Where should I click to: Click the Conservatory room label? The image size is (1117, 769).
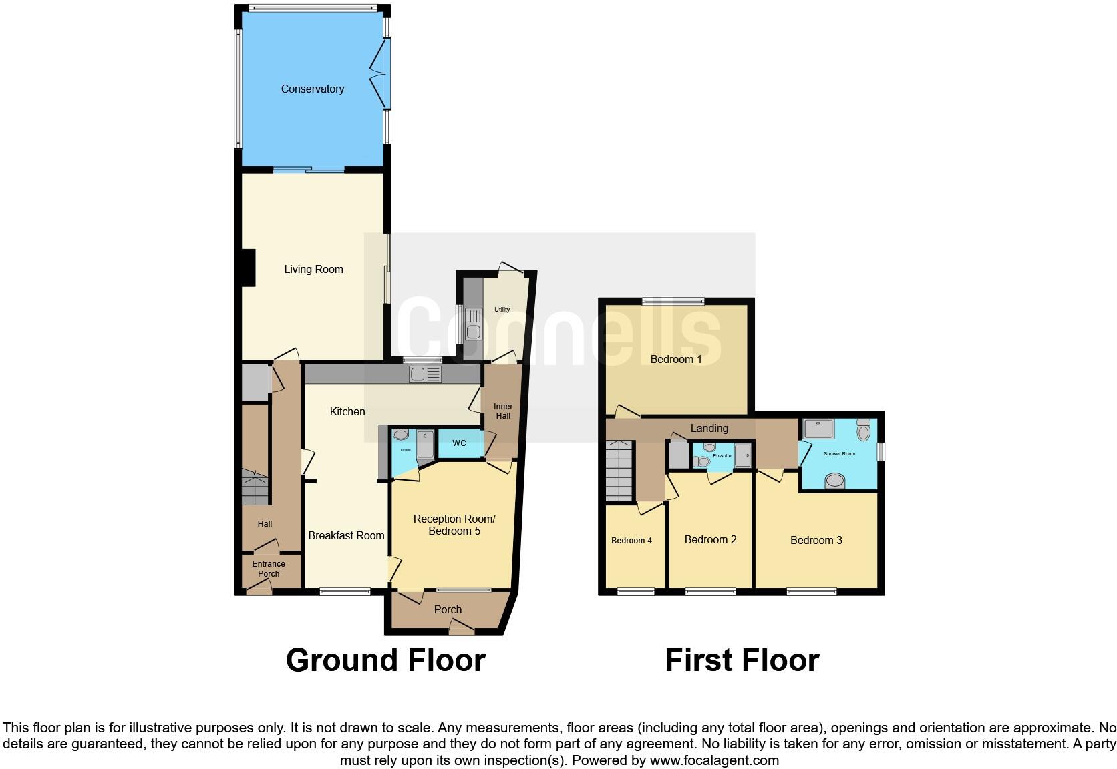click(312, 89)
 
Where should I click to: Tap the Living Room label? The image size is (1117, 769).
click(313, 269)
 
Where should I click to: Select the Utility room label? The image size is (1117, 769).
click(502, 310)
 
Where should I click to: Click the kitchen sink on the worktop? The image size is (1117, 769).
click(426, 374)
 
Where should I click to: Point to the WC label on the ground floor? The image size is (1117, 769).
click(459, 443)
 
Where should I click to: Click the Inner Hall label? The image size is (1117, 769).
click(503, 411)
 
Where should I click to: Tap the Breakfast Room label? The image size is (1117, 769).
click(346, 535)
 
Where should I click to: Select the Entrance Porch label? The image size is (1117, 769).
click(269, 569)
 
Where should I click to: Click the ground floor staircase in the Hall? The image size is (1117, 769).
click(255, 487)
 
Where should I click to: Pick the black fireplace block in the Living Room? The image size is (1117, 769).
click(248, 268)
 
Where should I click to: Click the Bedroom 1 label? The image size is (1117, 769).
click(676, 359)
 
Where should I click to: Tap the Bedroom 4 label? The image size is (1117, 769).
click(631, 541)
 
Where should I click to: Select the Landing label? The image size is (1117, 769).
click(709, 428)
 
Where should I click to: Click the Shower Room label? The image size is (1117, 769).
click(839, 454)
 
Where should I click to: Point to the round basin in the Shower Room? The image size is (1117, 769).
click(834, 480)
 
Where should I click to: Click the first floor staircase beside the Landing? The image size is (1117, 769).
click(619, 471)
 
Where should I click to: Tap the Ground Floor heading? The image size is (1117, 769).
click(385, 660)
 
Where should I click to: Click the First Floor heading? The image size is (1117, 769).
click(742, 660)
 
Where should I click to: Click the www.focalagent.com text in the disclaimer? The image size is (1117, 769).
click(714, 760)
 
